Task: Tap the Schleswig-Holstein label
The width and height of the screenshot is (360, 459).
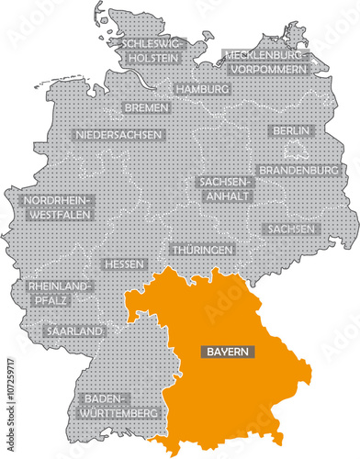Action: point(149,49)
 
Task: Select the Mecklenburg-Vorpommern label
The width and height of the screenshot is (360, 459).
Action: point(267,62)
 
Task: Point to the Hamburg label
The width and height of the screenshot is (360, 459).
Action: point(200,90)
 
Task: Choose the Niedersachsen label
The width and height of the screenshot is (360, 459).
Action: point(118,135)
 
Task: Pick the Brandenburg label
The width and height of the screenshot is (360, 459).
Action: point(300,171)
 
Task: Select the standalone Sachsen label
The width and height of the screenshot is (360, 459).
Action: point(290,229)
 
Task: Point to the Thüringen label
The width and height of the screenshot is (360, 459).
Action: point(202,250)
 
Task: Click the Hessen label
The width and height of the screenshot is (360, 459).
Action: point(125,264)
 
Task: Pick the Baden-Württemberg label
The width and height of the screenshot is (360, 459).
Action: point(119,405)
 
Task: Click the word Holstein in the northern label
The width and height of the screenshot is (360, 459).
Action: point(149,55)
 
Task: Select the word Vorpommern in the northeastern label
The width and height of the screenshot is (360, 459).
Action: point(270,68)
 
